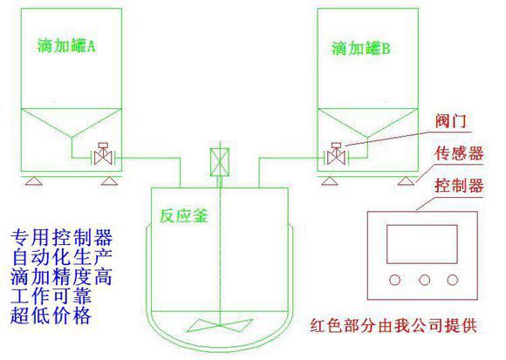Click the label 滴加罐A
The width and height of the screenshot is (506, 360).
point(66,45)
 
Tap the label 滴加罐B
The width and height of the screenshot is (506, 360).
point(361,49)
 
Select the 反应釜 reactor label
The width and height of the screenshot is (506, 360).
point(184,215)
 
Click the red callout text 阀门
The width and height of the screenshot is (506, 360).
point(451,121)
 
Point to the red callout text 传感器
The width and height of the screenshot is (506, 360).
point(459,153)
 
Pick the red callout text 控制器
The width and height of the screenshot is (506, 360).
point(459,186)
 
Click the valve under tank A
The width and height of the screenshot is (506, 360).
point(103,154)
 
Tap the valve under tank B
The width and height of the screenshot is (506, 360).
point(336,154)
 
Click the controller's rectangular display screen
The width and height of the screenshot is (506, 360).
point(422,244)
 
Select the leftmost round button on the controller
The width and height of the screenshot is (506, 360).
point(394,280)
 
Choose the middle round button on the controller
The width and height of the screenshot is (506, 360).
point(424,280)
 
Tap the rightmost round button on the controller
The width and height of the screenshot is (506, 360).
point(453,280)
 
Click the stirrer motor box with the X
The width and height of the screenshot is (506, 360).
point(220,162)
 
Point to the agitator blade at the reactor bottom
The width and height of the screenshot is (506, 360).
point(220,325)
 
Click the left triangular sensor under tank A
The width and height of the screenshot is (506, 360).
point(34,181)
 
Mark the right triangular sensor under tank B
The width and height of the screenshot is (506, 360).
point(406,181)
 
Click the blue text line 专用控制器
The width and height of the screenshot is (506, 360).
point(61,237)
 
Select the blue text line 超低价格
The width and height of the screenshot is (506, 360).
point(51,316)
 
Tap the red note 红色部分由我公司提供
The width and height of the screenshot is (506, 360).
point(393,325)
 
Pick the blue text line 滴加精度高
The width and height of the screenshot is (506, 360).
point(61,276)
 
